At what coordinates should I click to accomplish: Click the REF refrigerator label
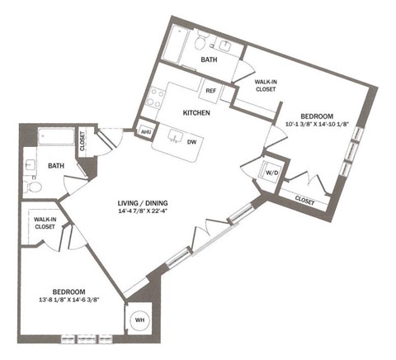tap(211, 91)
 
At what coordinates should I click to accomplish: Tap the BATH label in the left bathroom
tap(56, 166)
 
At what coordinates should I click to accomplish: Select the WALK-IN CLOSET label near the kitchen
tap(265, 87)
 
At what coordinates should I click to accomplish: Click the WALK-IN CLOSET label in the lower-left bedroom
tap(45, 224)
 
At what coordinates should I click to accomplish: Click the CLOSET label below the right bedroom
tap(304, 200)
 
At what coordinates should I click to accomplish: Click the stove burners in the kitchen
tap(154, 98)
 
